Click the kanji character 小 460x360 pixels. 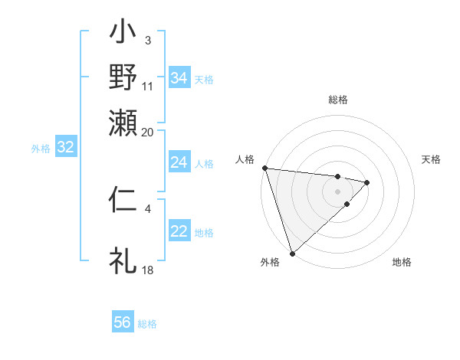click(123, 34)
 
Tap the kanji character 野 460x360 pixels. click(123, 77)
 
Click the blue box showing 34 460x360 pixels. click(179, 77)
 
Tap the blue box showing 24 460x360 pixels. click(179, 162)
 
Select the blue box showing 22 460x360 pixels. click(179, 231)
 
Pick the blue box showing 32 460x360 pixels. click(65, 148)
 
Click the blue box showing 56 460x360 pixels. click(123, 322)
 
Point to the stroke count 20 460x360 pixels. click(148, 132)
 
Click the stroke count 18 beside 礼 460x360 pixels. click(148, 270)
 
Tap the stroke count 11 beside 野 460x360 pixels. click(148, 87)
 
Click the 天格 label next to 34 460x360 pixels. click(204, 79)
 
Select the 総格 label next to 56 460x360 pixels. click(147, 324)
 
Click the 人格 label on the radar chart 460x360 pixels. click(245, 159)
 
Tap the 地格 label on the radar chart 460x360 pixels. click(402, 262)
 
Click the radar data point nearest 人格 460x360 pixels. click(264, 168)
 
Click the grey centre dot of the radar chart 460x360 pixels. click(337, 191)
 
